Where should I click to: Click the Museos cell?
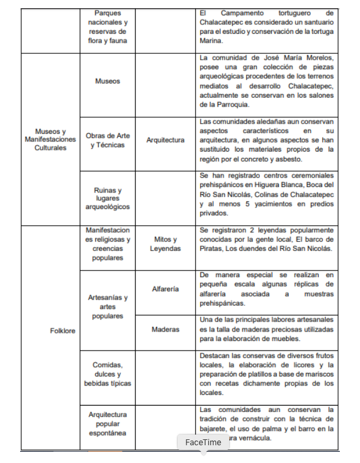point(107,81)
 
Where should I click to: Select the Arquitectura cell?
point(165,140)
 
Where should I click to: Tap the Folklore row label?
point(62,331)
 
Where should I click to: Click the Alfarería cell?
point(165,289)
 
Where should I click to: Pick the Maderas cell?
point(165,329)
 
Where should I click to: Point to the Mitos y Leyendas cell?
point(165,244)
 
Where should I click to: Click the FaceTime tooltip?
point(203,442)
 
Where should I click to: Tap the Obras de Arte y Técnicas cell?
point(107,140)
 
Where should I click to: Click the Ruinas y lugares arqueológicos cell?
point(107,198)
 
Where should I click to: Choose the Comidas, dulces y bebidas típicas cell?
point(107,374)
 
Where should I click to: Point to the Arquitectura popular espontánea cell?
point(107,424)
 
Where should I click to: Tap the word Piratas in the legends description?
point(212,248)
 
